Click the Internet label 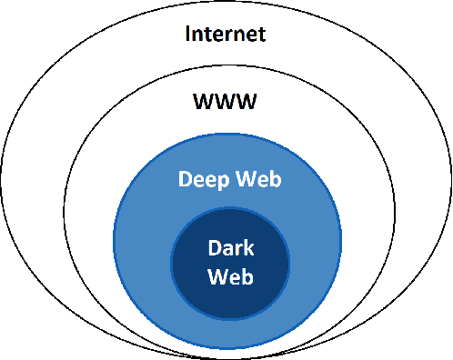226,35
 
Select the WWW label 226,100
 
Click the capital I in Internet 188,35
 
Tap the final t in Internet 262,35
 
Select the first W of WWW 202,100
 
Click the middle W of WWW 226,100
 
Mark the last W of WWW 248,100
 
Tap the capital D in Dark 213,247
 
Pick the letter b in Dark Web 246,275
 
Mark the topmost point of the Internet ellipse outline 226,2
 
